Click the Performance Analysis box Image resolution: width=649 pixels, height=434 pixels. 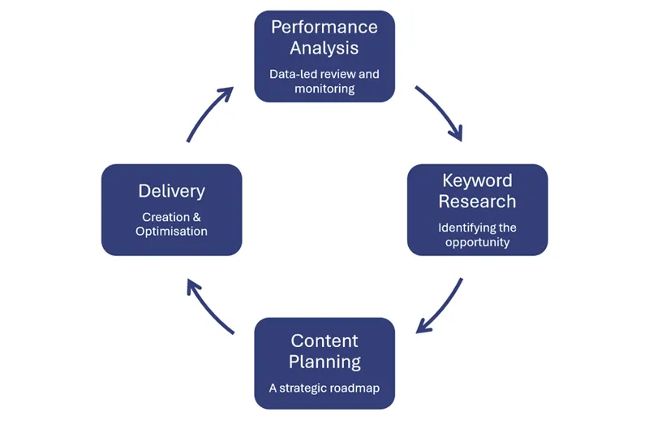(324, 56)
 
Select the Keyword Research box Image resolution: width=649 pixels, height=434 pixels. (477, 210)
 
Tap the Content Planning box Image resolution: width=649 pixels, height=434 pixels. (324, 363)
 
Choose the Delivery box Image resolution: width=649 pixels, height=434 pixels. (171, 210)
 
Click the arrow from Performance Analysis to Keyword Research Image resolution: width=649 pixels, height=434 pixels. (440, 111)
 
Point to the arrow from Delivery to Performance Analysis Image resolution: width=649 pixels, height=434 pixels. (209, 112)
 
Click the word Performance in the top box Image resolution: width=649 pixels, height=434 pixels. (324, 27)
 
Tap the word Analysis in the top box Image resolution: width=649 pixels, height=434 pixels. (324, 48)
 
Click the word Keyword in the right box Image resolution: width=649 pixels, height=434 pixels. (477, 180)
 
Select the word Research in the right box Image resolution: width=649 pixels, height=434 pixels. (477, 201)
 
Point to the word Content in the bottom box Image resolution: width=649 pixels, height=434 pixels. (324, 341)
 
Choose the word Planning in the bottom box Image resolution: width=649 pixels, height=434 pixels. (324, 362)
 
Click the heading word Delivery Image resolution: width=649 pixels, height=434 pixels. (171, 191)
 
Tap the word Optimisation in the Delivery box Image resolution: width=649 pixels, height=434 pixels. (171, 232)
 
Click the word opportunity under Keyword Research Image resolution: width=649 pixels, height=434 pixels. (477, 242)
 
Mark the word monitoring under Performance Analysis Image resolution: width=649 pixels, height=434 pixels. (324, 89)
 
